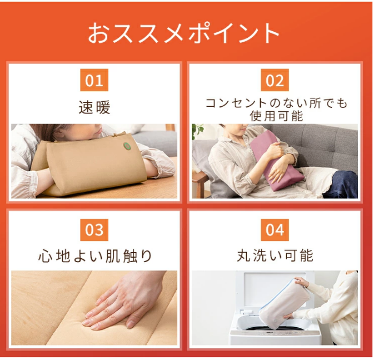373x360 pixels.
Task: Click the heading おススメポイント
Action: coord(183,33)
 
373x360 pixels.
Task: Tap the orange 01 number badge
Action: coord(94,80)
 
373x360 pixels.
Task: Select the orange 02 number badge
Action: coord(275,80)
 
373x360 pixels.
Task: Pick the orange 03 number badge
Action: coord(94,230)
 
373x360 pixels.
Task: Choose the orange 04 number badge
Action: coord(275,230)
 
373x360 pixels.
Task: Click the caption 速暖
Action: coord(95,107)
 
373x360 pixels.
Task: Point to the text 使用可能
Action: coord(276,116)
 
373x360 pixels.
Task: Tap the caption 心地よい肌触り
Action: coord(95,256)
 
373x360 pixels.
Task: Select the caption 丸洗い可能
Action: coord(275,255)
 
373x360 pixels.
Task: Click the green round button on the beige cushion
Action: coord(127,146)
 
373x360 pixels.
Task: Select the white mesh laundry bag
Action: coord(284,304)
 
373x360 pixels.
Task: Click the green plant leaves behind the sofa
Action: coord(197,130)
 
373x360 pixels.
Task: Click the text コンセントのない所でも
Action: coord(276,103)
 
